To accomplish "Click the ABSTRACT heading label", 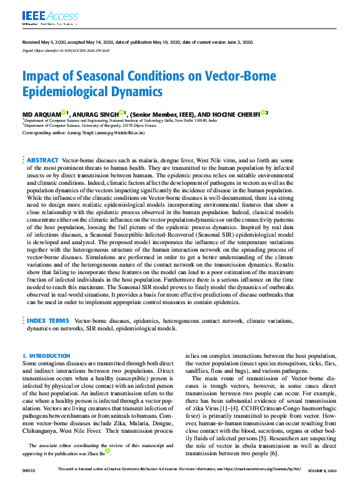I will [x=42, y=161].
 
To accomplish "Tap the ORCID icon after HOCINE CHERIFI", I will [x=264, y=112].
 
